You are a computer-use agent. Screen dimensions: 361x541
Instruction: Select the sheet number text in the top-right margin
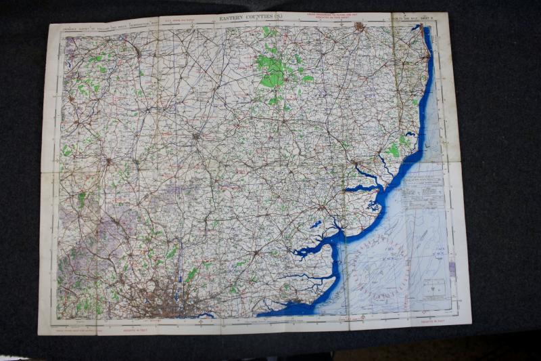[x=406, y=16]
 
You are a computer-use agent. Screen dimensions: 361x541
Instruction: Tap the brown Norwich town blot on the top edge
[x=359, y=27]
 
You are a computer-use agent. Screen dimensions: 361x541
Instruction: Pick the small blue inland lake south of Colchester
[x=315, y=224]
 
